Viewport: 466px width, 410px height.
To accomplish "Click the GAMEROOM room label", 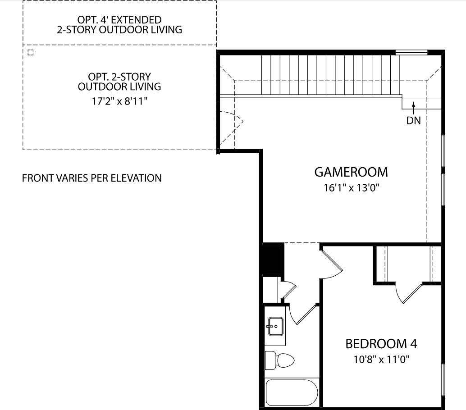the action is (x=351, y=172).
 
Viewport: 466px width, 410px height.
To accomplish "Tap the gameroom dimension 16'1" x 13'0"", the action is (x=351, y=188).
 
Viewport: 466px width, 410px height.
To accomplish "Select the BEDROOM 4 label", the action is (x=381, y=344).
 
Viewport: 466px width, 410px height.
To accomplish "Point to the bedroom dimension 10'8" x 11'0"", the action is (x=381, y=360).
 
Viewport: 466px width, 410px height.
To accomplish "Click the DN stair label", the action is (x=413, y=121).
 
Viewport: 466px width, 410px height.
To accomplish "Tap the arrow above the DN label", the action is (x=413, y=108).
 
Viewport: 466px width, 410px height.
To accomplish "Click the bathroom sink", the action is (x=276, y=327).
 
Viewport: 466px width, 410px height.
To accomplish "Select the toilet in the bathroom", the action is (x=279, y=360).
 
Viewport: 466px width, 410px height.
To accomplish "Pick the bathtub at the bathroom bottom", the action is (x=292, y=392).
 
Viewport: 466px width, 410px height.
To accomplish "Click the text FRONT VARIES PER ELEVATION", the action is (x=92, y=178).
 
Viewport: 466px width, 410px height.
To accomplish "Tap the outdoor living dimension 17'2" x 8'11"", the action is (x=119, y=101).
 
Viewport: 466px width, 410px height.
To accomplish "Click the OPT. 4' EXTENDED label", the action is (x=119, y=20).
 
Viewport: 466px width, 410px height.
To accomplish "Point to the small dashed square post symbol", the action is (x=30, y=53).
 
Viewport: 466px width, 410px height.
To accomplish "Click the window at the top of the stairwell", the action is (x=411, y=53).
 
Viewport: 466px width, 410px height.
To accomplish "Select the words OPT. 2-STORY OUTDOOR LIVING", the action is (x=119, y=82).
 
